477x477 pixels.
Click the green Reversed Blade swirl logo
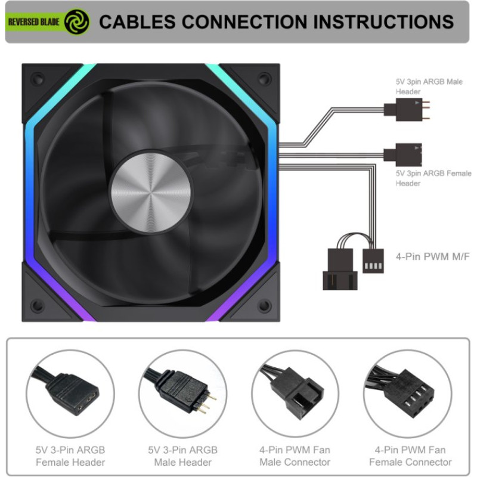coord(77,21)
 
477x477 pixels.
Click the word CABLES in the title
coord(138,22)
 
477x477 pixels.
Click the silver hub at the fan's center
coord(151,193)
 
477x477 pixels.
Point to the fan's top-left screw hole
coord(38,79)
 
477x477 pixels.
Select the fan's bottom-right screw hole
coord(264,305)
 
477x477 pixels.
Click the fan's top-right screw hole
coord(264,79)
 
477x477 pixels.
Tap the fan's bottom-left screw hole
coord(38,305)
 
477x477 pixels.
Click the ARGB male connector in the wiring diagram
coord(407,110)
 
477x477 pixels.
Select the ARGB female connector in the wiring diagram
coord(403,154)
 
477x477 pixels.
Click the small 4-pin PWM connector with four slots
coord(373,261)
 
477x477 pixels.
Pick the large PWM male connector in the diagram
coord(340,270)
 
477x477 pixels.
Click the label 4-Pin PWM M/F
coord(433,257)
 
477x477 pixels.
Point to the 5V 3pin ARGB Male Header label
coord(429,86)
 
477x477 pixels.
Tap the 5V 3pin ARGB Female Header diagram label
coord(433,178)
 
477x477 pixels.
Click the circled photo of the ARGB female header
coord(70,394)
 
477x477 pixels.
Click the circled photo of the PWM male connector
coord(295,394)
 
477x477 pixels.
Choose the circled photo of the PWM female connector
coord(408,394)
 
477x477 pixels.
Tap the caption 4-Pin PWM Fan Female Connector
coord(410,456)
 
